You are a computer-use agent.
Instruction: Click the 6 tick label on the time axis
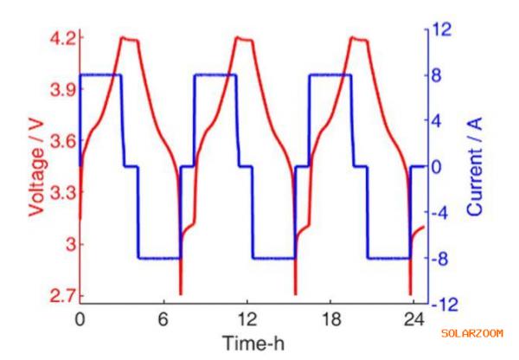click(163, 318)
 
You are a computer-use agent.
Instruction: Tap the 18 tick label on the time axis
click(332, 318)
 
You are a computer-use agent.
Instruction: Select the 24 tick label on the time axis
click(416, 318)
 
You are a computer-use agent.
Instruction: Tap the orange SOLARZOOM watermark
click(471, 333)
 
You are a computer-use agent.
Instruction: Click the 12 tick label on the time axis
click(247, 318)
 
